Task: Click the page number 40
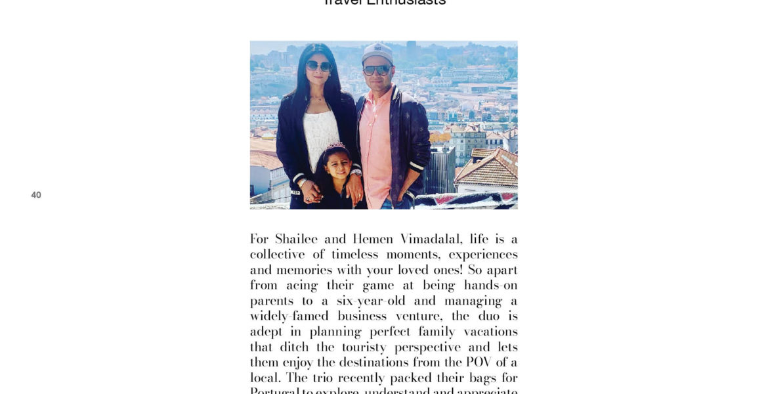click(36, 195)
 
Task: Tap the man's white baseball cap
click(377, 52)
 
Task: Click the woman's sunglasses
click(319, 66)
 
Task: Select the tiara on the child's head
click(336, 146)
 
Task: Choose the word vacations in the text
click(488, 332)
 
